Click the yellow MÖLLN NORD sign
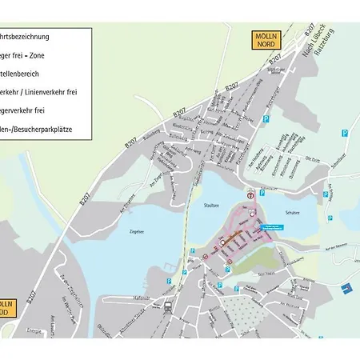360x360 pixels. [266, 41]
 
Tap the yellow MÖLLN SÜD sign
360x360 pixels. [6, 307]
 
